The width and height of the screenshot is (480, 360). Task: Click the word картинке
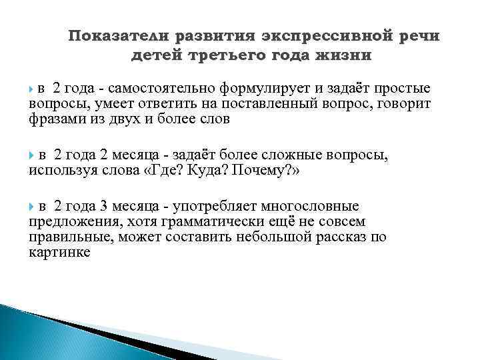pos(59,252)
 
